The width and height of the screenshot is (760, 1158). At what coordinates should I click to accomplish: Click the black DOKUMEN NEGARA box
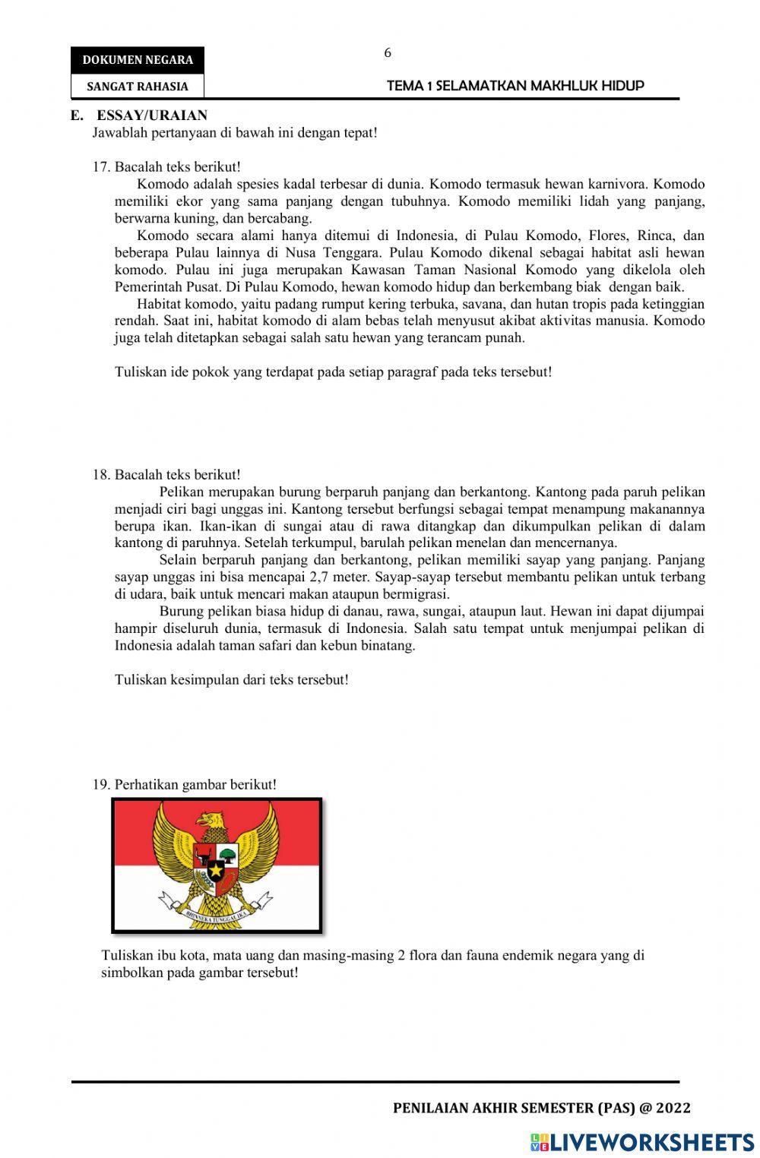[x=138, y=60]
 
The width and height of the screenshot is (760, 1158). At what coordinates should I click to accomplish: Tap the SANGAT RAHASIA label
[x=138, y=87]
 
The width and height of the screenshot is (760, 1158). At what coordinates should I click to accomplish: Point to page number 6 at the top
[x=388, y=53]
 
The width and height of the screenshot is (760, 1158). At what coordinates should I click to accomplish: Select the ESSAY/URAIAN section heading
[x=151, y=115]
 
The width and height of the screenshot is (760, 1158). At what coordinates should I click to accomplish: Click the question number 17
[x=102, y=167]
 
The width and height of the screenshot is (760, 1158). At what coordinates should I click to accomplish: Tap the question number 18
[x=102, y=475]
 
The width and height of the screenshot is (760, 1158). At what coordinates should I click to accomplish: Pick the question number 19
[x=102, y=785]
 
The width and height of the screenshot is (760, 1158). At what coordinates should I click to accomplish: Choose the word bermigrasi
[x=417, y=594]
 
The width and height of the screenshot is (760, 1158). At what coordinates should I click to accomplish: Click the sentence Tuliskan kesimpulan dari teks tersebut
[x=232, y=680]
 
